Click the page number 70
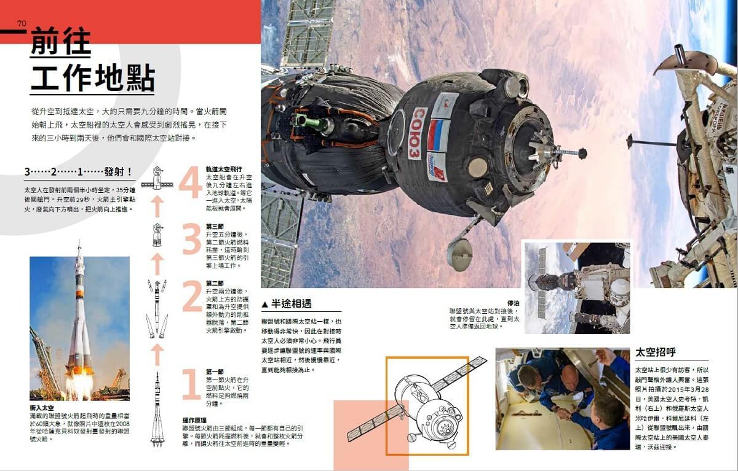pos(22,24)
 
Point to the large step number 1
pos(192,384)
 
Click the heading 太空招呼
pos(656,352)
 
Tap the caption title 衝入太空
pos(42,408)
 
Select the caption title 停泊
pos(513,303)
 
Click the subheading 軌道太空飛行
pos(224,169)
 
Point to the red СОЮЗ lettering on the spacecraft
pos(418,133)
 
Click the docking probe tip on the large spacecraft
pos(581,152)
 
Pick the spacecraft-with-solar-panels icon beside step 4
pos(157,180)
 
